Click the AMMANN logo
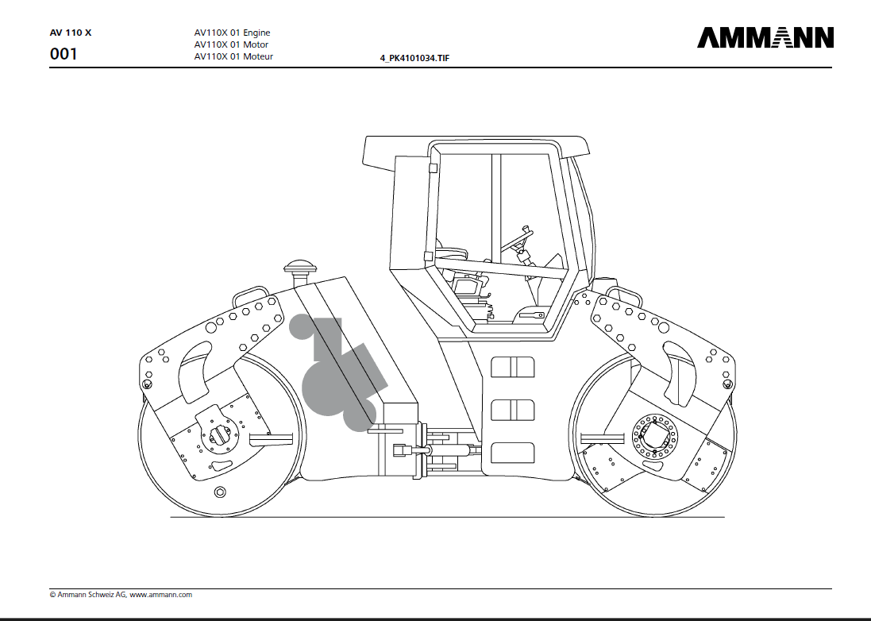[765, 37]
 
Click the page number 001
[64, 55]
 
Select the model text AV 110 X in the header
[71, 33]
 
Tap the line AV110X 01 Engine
[232, 33]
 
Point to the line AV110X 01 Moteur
[233, 56]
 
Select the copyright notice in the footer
[121, 594]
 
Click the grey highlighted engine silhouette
[337, 373]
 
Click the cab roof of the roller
[476, 145]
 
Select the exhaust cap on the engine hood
[300, 265]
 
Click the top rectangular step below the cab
[512, 367]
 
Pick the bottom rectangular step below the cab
[512, 453]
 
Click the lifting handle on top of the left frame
[249, 295]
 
